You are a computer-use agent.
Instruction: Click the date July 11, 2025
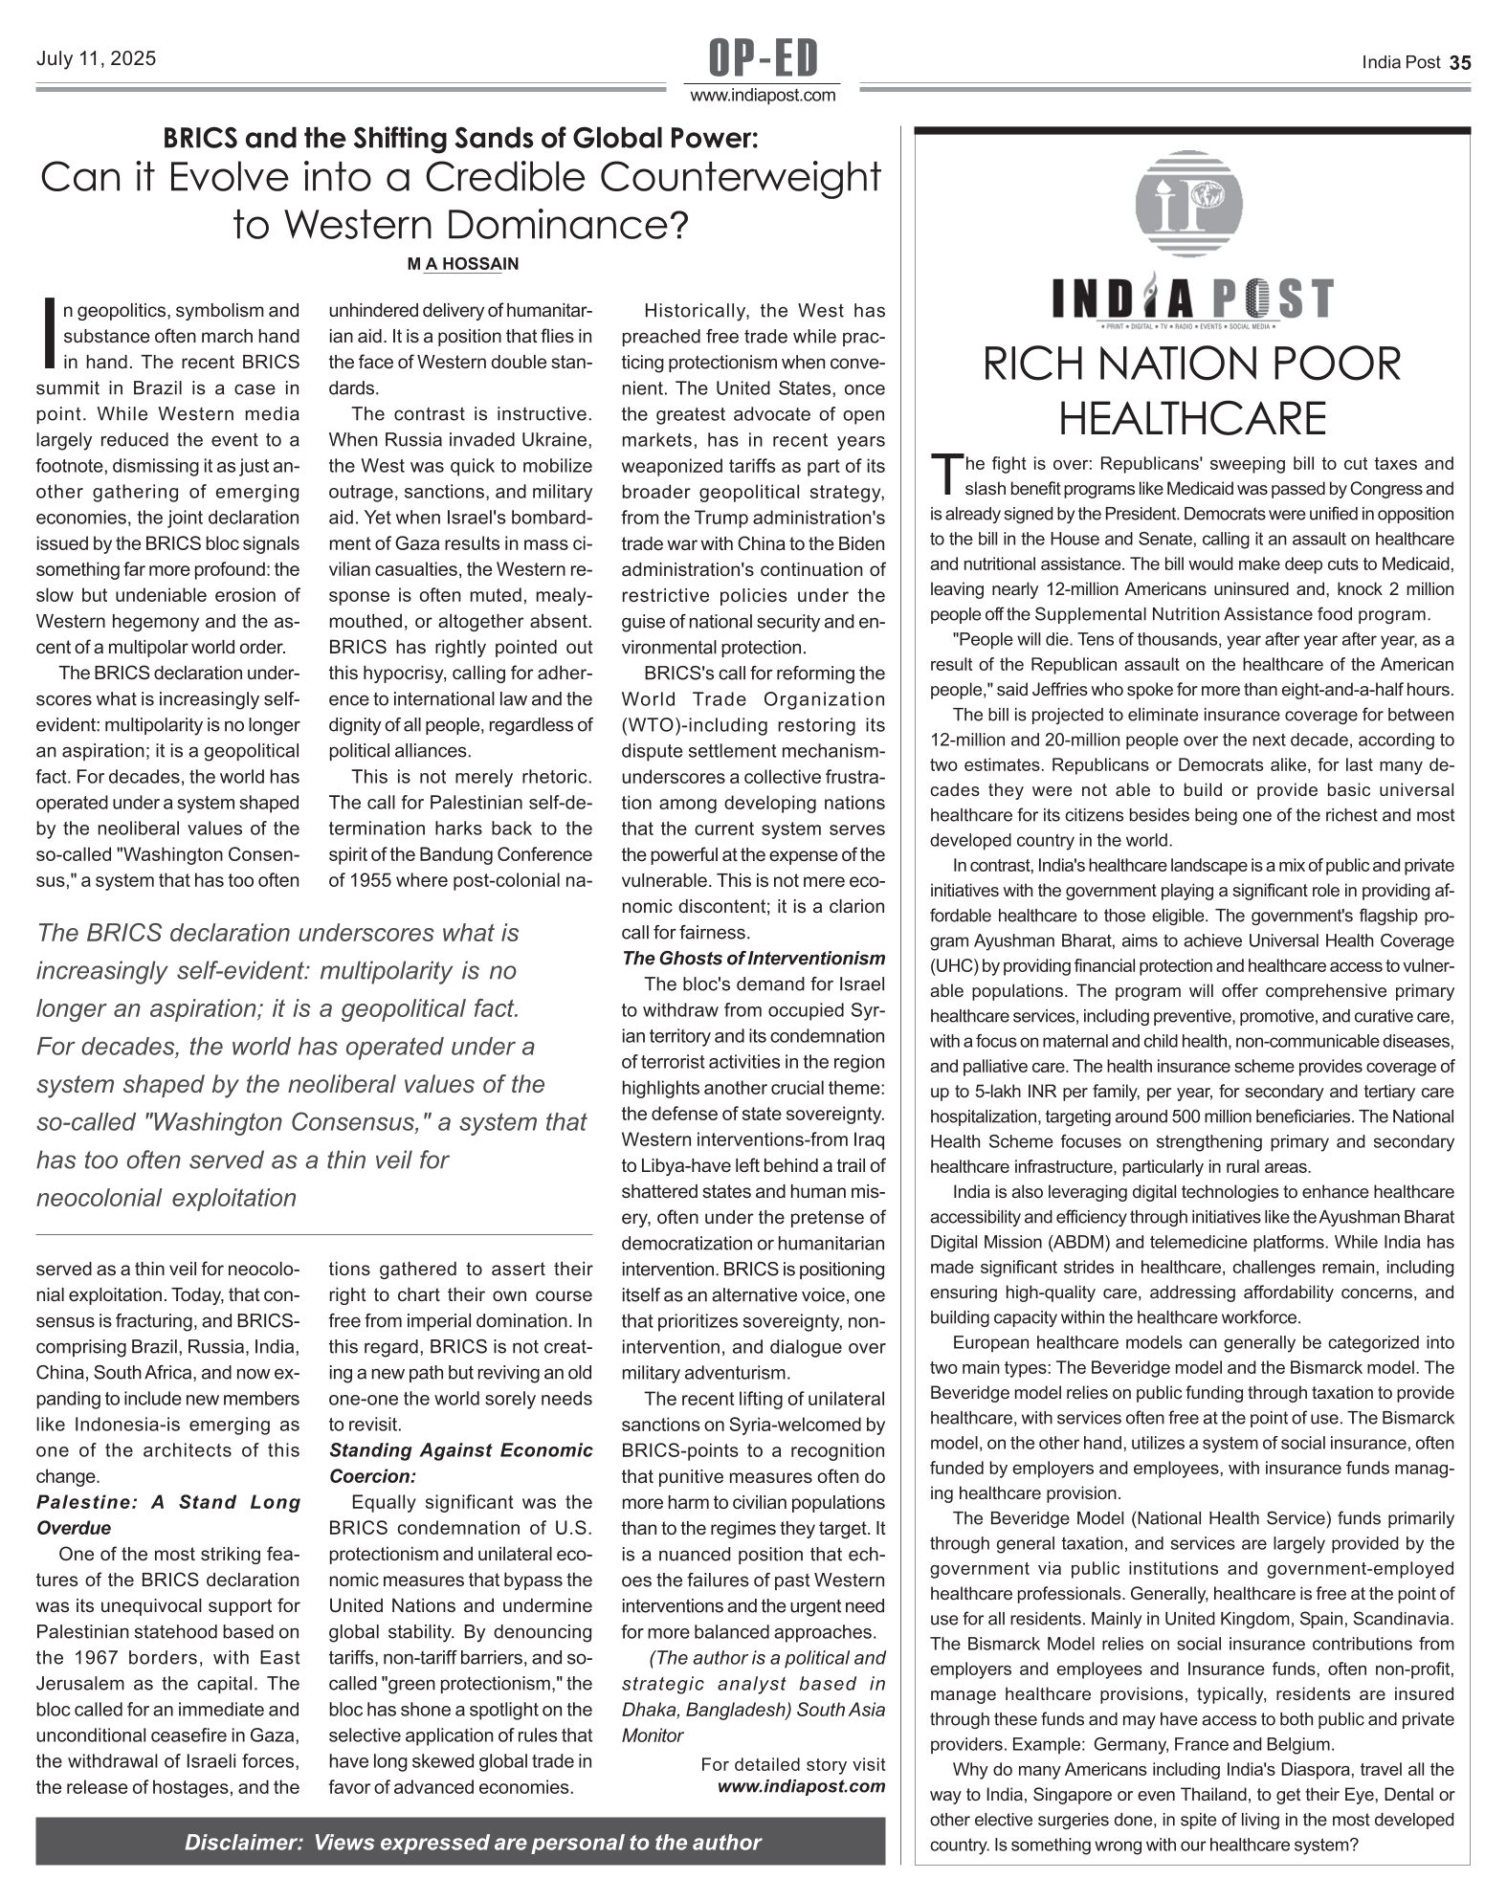pos(96,59)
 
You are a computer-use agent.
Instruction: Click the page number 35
pos(1460,63)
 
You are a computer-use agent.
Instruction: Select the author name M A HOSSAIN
pos(463,264)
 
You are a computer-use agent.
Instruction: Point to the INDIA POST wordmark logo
pos(1192,299)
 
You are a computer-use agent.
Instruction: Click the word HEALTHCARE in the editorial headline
pos(1192,418)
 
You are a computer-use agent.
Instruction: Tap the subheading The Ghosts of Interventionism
pos(753,959)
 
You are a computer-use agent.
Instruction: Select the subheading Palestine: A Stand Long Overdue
pos(167,1514)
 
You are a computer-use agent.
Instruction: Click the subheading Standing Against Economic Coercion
pos(460,1463)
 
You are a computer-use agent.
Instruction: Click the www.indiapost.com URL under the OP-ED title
pos(763,96)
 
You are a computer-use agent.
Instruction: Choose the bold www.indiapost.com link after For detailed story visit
pos(802,1786)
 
